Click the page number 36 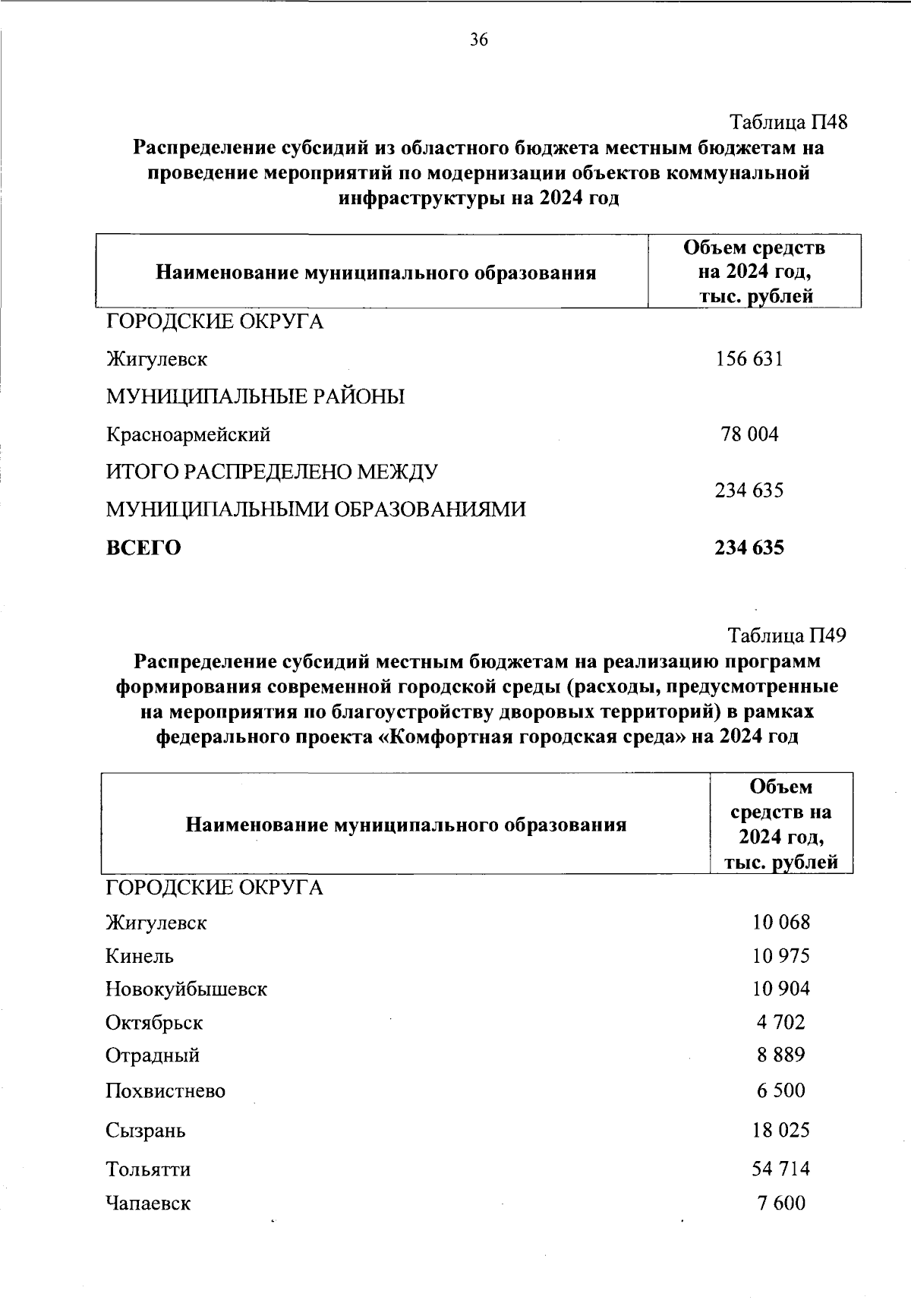pos(478,40)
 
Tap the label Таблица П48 pos(787,121)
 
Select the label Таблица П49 pos(786,635)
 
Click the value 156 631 pos(749,358)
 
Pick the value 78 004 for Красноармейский pos(749,434)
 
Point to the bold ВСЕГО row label pos(143,547)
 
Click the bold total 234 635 pos(749,547)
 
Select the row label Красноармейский pos(188,435)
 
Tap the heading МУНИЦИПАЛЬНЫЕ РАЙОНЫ pos(254,396)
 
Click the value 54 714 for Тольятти pos(780,1168)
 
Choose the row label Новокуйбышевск pos(186,989)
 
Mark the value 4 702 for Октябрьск pos(780,1022)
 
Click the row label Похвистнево pos(165,1091)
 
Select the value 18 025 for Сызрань pos(780,1130)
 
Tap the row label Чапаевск pos(148,1203)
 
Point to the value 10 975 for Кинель pos(780,956)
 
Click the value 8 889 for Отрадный pos(780,1055)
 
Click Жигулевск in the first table pos(156,358)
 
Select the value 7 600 pos(780,1203)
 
